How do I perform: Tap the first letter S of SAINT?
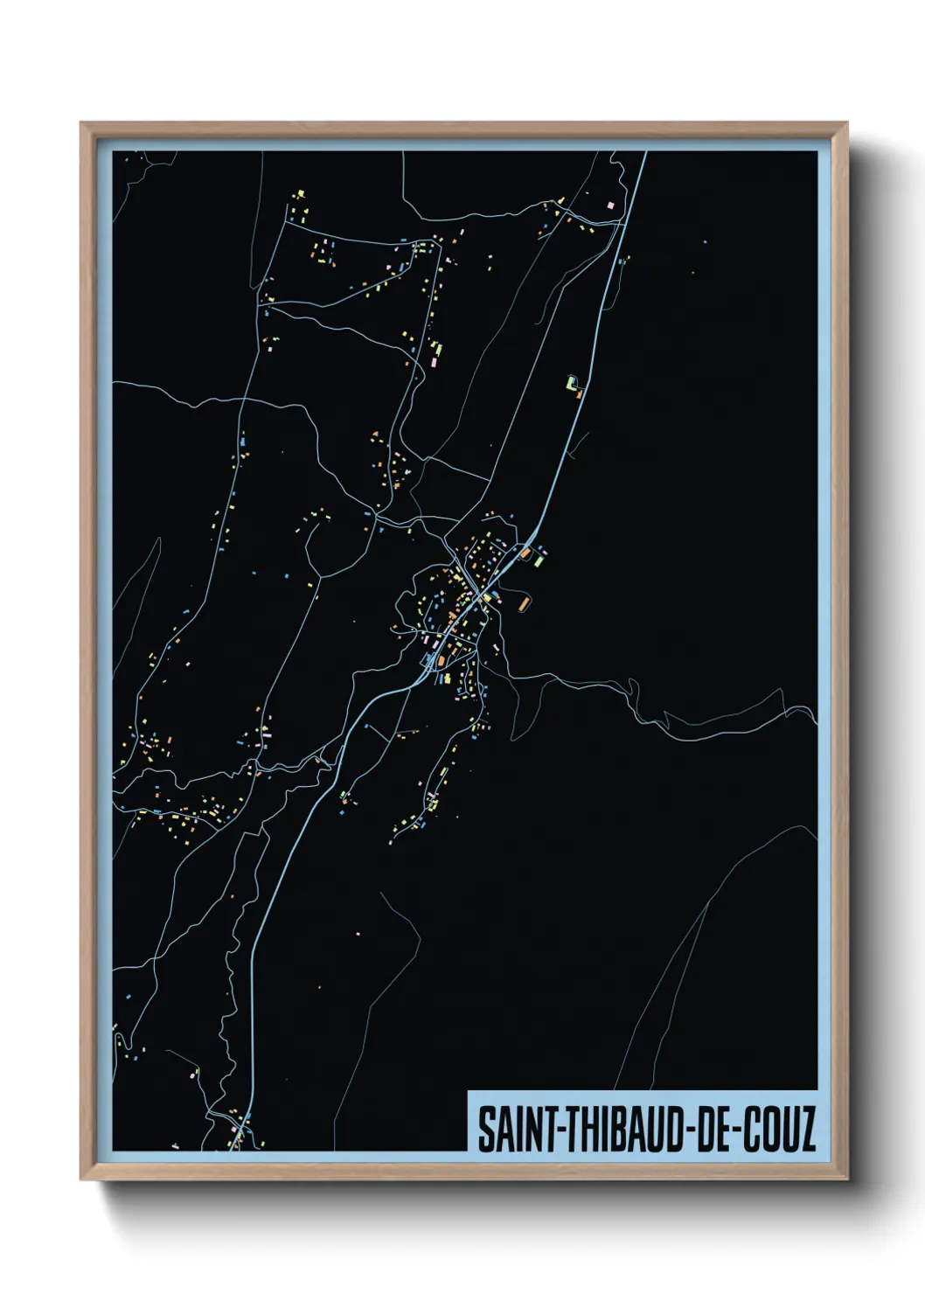coord(484,1129)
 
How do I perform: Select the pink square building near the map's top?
coord(611,205)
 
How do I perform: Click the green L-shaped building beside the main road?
coord(573,382)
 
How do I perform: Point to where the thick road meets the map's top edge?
coord(645,152)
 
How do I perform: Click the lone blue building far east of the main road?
coord(705,241)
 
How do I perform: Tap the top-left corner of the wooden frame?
coord(81,123)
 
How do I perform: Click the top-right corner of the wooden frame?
coord(846,123)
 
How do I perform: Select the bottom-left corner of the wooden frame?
coord(81,1179)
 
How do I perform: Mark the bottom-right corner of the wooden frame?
coord(846,1179)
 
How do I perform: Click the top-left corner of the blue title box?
coord(469,1092)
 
